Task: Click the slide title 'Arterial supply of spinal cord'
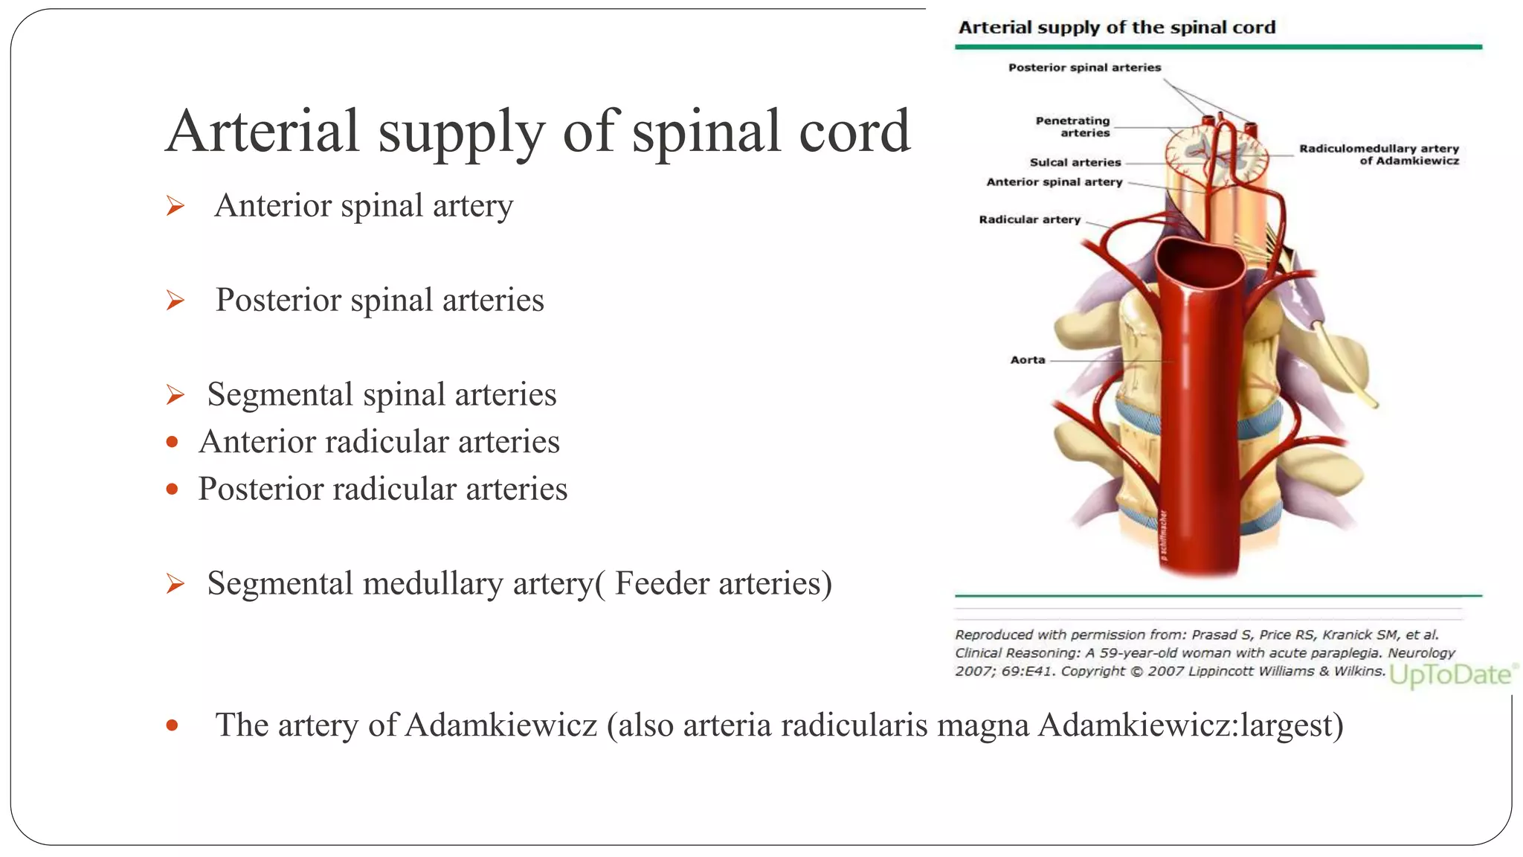(x=538, y=132)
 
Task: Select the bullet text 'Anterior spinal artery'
(x=364, y=205)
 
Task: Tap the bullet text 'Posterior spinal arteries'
(x=379, y=300)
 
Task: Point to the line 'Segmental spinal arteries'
(x=381, y=394)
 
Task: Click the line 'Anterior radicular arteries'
(x=379, y=442)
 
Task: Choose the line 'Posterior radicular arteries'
(x=382, y=490)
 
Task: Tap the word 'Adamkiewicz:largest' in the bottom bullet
(x=1191, y=725)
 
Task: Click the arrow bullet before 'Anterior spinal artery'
(x=176, y=206)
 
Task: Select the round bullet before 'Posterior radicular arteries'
(x=173, y=490)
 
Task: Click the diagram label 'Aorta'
(x=1027, y=360)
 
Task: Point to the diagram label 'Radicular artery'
(x=1029, y=219)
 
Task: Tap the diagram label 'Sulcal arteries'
(x=1075, y=162)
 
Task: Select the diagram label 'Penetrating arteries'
(x=1073, y=126)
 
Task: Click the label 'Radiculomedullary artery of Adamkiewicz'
(x=1379, y=154)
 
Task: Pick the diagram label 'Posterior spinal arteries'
(x=1084, y=68)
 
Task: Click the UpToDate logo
(x=1451, y=675)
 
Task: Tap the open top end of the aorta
(x=1200, y=266)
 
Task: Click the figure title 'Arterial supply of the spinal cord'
(x=1116, y=28)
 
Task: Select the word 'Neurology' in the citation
(x=1421, y=653)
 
